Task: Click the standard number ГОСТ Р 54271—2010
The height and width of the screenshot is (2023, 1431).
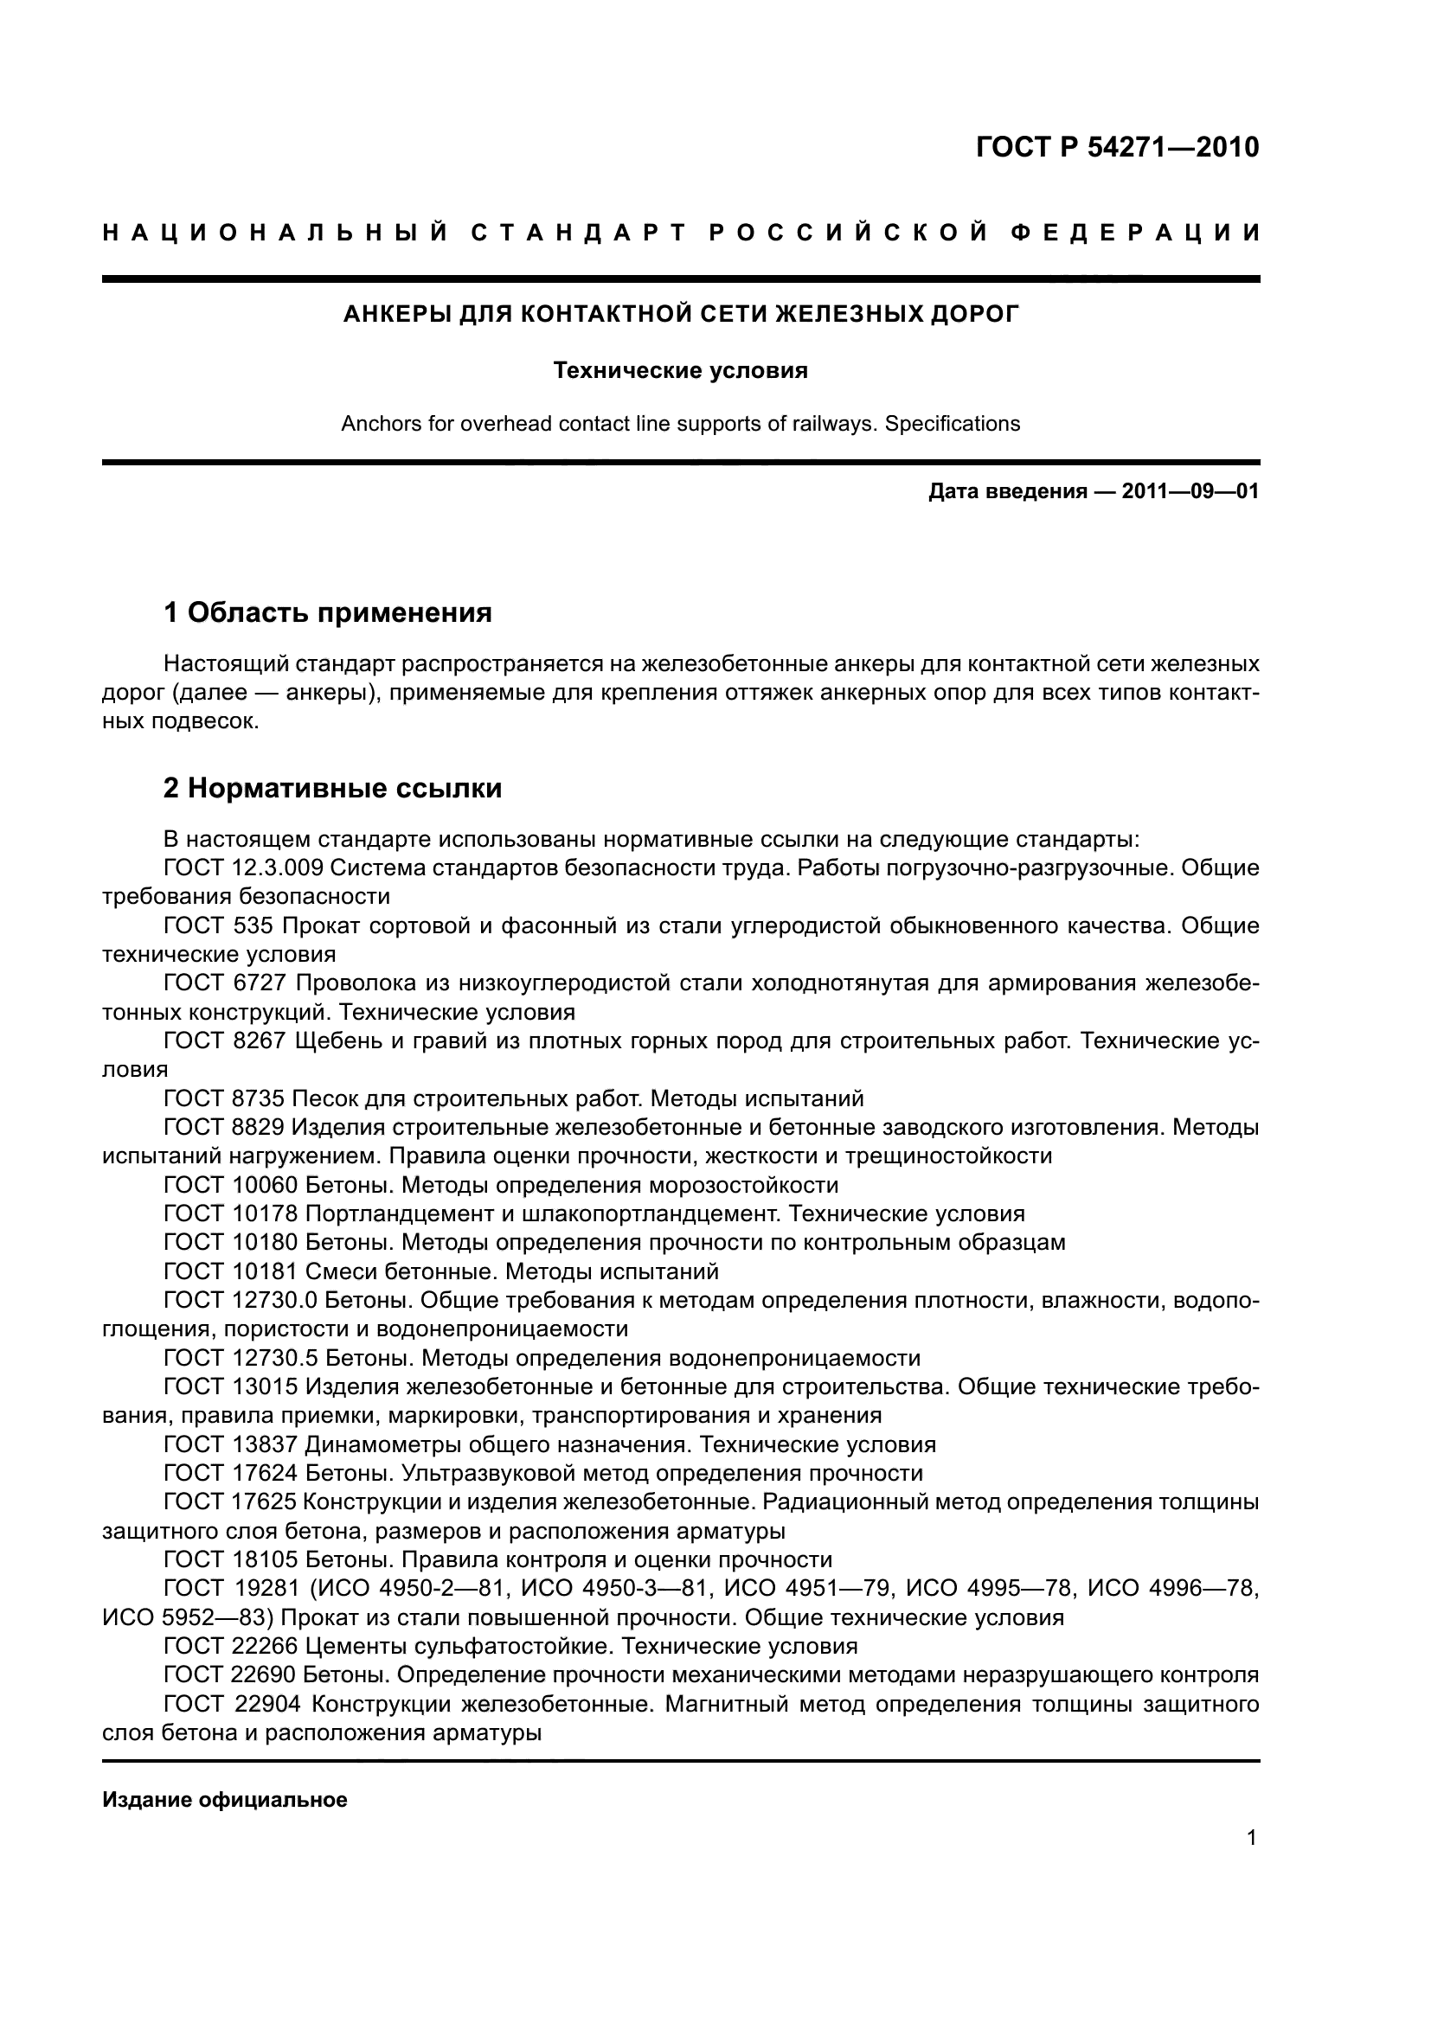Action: [x=1116, y=147]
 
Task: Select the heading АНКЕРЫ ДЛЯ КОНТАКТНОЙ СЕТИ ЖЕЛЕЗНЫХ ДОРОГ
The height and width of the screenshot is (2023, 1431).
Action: [x=680, y=314]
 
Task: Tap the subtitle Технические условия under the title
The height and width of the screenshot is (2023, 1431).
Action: [x=680, y=371]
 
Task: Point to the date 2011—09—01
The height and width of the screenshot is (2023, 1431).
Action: [x=1190, y=491]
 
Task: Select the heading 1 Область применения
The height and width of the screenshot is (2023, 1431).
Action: [x=328, y=611]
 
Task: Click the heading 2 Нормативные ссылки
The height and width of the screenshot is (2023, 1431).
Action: [x=332, y=788]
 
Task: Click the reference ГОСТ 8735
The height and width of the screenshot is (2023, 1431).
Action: [x=224, y=1098]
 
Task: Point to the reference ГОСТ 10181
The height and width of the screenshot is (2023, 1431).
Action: [x=230, y=1271]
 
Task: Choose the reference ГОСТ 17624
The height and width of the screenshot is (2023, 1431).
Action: [x=230, y=1473]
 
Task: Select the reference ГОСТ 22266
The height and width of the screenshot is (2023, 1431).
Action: [x=230, y=1646]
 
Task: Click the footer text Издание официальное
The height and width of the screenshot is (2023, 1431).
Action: [x=225, y=1800]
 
